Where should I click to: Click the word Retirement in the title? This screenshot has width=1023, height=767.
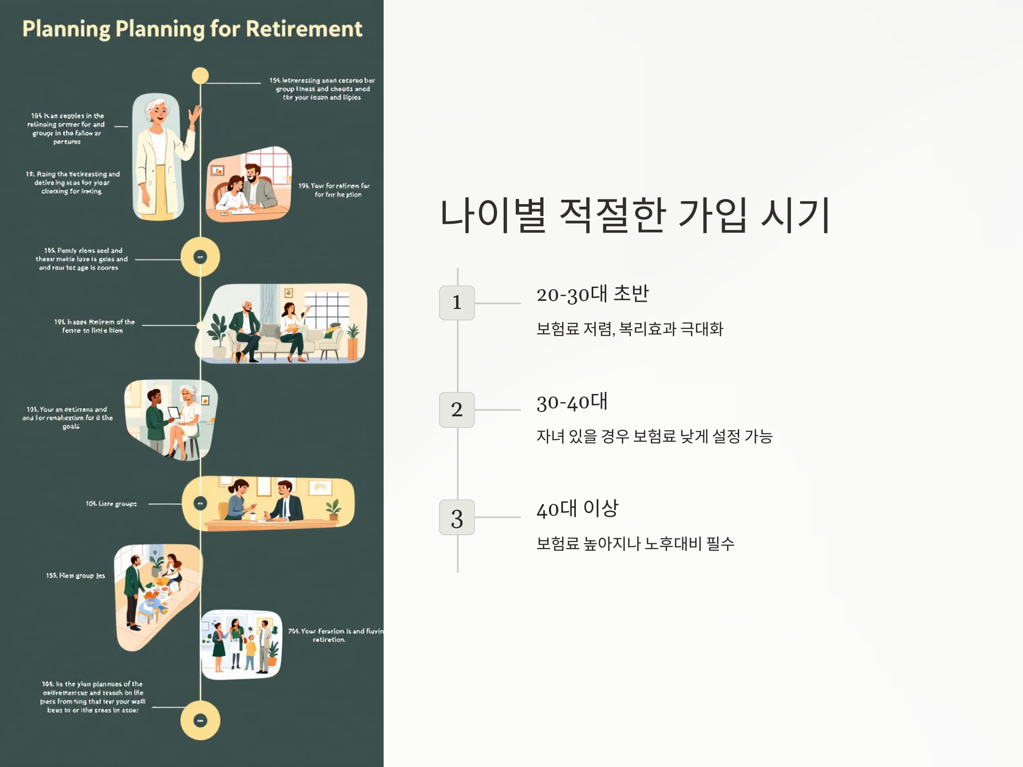click(x=304, y=29)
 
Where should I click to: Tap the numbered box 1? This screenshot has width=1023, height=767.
click(x=457, y=303)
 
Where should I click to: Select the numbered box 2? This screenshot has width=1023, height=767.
click(x=457, y=409)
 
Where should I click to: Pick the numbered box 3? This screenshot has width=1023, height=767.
click(x=457, y=517)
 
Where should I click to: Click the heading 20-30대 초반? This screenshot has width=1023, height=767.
click(x=592, y=294)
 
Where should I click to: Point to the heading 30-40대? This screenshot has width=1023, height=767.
click(x=572, y=402)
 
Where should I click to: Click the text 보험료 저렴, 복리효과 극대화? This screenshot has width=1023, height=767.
click(x=630, y=329)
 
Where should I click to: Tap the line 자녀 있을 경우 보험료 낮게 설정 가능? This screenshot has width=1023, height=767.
click(x=654, y=436)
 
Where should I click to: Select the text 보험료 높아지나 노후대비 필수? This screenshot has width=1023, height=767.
click(x=635, y=544)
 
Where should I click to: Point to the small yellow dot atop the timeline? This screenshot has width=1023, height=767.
click(x=200, y=75)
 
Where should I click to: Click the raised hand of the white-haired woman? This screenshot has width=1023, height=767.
click(x=196, y=114)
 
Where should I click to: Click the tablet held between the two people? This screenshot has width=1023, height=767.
click(x=173, y=412)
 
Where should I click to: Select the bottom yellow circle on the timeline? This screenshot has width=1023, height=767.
click(x=200, y=720)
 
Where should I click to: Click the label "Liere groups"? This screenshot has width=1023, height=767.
click(x=111, y=504)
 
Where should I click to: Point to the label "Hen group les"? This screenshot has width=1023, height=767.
click(x=75, y=576)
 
